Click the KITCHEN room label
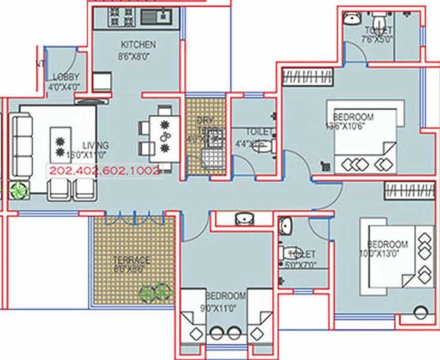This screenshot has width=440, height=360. coord(138,44)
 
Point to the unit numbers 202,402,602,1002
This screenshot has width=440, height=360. coord(105,170)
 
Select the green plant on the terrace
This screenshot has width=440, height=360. coord(151,293)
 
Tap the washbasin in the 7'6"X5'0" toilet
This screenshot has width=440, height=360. coord(352,19)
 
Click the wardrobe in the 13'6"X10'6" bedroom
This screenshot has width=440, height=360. coord(308,77)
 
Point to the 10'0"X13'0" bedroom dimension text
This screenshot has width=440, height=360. coord(387,254)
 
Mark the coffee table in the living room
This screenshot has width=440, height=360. coord(59,141)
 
